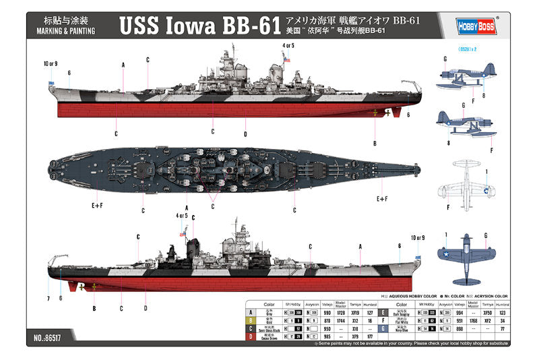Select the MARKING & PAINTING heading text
coord(65,31)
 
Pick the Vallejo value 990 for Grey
coord(327,312)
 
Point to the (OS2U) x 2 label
coord(467,49)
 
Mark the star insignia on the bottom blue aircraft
coord(446,253)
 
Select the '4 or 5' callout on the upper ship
coord(288,46)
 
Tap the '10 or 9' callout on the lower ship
coord(418,237)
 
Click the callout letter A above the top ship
coord(123,65)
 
